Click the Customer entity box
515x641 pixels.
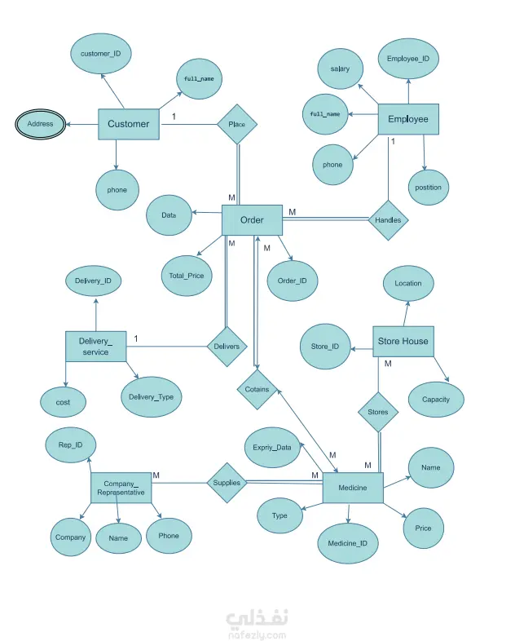pyautogui.click(x=129, y=124)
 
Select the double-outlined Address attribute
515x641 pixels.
pyautogui.click(x=41, y=124)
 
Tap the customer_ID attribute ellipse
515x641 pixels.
pyautogui.click(x=101, y=54)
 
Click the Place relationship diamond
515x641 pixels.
pyautogui.click(x=237, y=124)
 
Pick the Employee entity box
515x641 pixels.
pyautogui.click(x=408, y=119)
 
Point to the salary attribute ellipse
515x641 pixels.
pyautogui.click(x=340, y=69)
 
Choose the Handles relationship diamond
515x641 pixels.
pyautogui.click(x=388, y=220)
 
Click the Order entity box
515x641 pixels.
pyautogui.click(x=252, y=220)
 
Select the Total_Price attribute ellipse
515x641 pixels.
pyautogui.click(x=187, y=276)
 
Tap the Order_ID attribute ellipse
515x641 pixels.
pyautogui.click(x=293, y=281)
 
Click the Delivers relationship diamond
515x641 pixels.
pyautogui.click(x=227, y=347)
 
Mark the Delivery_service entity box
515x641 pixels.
pyautogui.click(x=96, y=347)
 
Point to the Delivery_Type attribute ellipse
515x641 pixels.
pyautogui.click(x=152, y=396)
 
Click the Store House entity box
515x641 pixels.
pyautogui.click(x=403, y=342)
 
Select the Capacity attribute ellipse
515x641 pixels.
pyautogui.click(x=436, y=400)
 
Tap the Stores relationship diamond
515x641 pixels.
pyautogui.click(x=378, y=412)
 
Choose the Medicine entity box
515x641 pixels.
pyautogui.click(x=353, y=488)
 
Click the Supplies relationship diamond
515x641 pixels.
pyautogui.click(x=227, y=483)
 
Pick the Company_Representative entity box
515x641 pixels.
pyautogui.click(x=121, y=488)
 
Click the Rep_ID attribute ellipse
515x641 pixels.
pyautogui.click(x=71, y=444)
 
